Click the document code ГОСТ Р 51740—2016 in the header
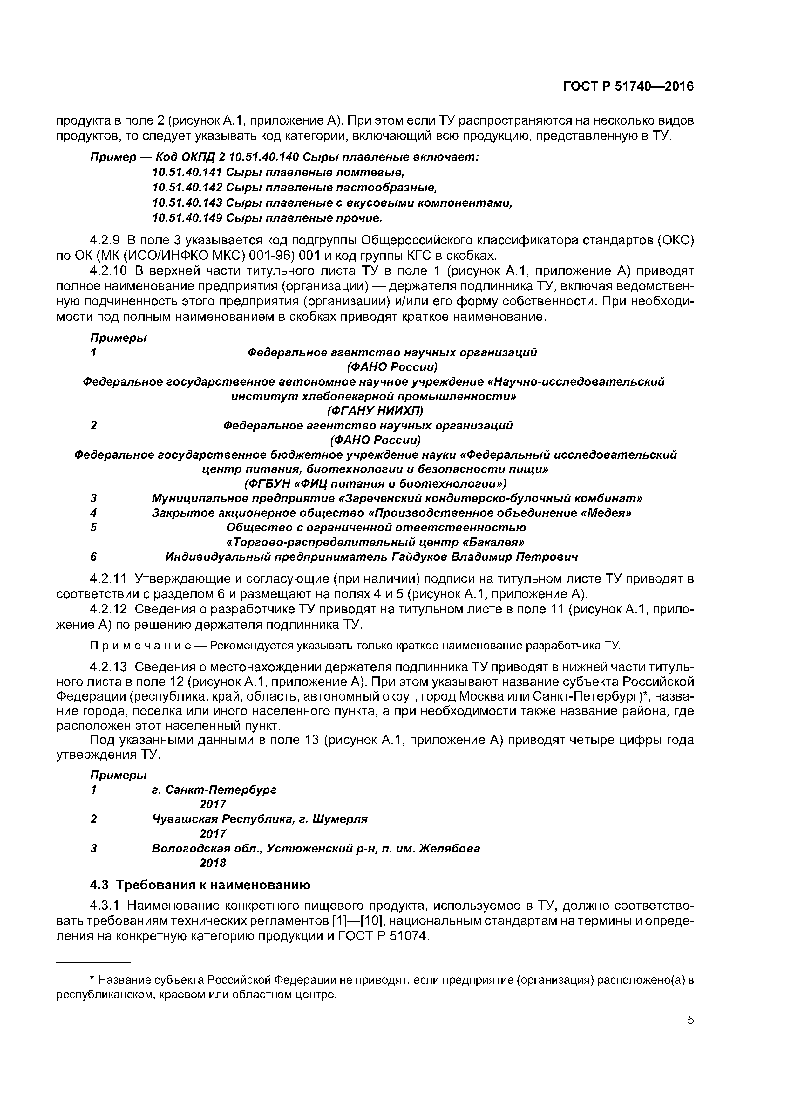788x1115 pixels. [x=628, y=86]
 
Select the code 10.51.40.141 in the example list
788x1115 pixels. [x=187, y=172]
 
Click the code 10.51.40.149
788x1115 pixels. [x=187, y=218]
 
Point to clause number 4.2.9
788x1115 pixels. [x=105, y=240]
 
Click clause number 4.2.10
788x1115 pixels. [x=109, y=270]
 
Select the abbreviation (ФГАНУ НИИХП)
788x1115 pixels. [x=375, y=411]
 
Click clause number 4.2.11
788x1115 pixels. [x=109, y=579]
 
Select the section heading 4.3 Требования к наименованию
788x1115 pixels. [x=200, y=885]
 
